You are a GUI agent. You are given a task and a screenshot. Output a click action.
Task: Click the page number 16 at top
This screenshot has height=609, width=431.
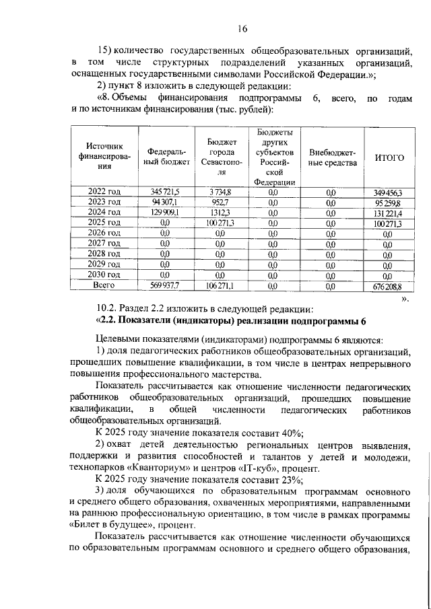pos(242,28)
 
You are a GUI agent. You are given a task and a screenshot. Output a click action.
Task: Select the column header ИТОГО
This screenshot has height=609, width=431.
pos(389,157)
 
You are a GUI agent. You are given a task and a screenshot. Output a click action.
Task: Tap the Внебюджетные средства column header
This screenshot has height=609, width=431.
pos(331,157)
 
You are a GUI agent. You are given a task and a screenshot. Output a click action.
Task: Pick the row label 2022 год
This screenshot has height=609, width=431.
pos(104,192)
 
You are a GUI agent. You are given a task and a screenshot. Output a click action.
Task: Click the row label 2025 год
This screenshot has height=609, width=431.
pos(104,223)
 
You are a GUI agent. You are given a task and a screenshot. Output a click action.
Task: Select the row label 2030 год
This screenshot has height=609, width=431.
pos(104,275)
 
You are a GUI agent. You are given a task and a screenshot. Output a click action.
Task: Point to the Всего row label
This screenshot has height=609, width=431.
pos(104,285)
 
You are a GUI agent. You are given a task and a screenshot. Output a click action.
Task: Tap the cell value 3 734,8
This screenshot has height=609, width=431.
pos(220,192)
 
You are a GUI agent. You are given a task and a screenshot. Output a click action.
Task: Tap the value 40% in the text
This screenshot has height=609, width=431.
pos(290,432)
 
